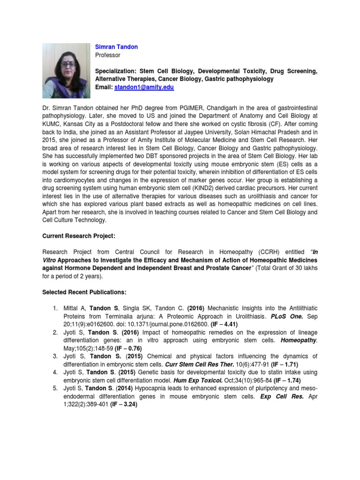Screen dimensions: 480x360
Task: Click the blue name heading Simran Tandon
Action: tap(116, 47)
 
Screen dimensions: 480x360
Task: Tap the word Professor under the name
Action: tap(108, 55)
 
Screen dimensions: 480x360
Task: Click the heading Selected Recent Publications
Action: tap(84, 292)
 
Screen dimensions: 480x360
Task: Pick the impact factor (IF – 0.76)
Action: tap(126, 348)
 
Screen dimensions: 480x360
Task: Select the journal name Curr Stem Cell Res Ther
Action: tap(192, 364)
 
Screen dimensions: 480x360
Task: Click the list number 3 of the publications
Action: tap(54, 357)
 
